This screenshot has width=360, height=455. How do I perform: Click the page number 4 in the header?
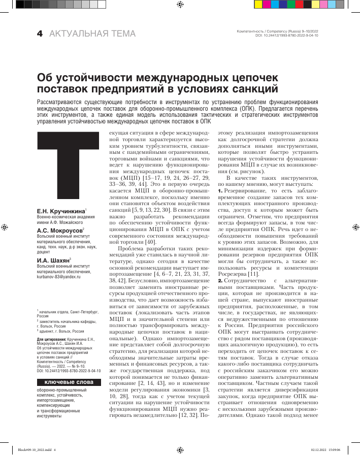(39, 34)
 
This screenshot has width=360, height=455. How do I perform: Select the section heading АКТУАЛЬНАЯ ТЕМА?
(92, 34)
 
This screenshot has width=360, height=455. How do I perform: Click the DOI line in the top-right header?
(287, 36)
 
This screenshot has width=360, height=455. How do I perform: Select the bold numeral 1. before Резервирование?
(220, 205)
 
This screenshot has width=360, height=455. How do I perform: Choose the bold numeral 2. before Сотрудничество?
(220, 281)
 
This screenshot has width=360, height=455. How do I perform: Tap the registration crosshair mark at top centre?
(180, 5)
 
